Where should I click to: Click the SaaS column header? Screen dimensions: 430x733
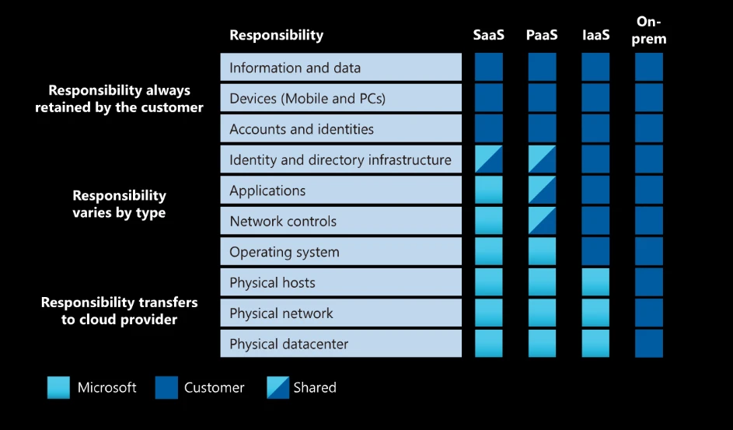pos(488,35)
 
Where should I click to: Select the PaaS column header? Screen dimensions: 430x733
pos(542,35)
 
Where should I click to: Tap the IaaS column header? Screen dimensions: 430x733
pos(595,35)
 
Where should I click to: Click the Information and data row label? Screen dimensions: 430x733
pos(295,68)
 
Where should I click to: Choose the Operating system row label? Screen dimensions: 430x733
pos(284,252)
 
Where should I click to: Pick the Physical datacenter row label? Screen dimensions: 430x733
pos(289,344)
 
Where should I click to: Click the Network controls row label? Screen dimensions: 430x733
pos(283,222)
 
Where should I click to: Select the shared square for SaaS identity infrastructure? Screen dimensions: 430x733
pos(488,159)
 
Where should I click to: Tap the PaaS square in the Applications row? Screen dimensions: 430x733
pos(542,191)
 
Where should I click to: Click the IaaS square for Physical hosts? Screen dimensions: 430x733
pos(595,282)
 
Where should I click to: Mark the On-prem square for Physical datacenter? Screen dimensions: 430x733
pos(649,344)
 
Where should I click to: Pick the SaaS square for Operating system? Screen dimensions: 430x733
pos(488,252)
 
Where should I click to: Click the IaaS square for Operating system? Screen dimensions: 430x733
pos(595,252)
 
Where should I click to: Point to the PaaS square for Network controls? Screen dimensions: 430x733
pos(542,222)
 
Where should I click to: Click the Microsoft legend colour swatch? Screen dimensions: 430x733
pos(58,387)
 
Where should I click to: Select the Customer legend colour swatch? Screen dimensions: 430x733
pos(166,387)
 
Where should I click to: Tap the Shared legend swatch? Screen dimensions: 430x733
pos(277,387)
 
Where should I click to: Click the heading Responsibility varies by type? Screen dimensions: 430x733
pos(119,204)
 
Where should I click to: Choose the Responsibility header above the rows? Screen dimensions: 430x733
pos(276,35)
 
